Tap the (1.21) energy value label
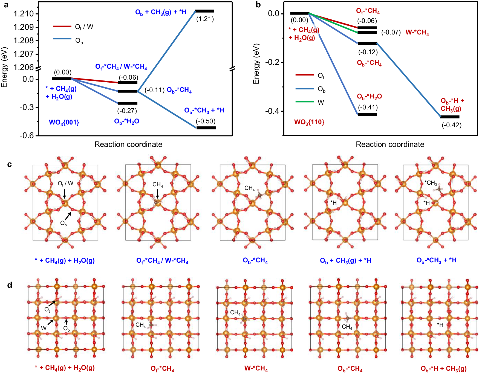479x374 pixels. (x=205, y=19)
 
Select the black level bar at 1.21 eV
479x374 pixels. (x=205, y=11)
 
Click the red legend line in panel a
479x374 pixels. (x=62, y=27)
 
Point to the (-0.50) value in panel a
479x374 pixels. (x=206, y=121)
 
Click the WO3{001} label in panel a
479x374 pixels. (x=64, y=122)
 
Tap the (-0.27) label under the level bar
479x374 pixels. (x=127, y=111)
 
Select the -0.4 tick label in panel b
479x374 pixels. (x=272, y=111)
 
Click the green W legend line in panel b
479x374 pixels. (x=305, y=102)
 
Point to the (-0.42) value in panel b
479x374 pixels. (x=452, y=125)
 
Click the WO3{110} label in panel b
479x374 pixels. (x=309, y=122)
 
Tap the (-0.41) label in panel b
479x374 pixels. (x=368, y=107)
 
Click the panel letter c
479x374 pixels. (x=10, y=164)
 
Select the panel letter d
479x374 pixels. (x=10, y=285)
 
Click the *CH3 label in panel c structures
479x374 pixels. (x=431, y=183)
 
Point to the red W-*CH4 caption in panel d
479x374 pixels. (x=256, y=368)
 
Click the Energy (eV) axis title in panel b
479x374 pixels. (x=256, y=63)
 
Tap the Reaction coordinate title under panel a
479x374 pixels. (x=128, y=144)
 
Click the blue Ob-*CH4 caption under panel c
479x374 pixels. (x=255, y=260)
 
